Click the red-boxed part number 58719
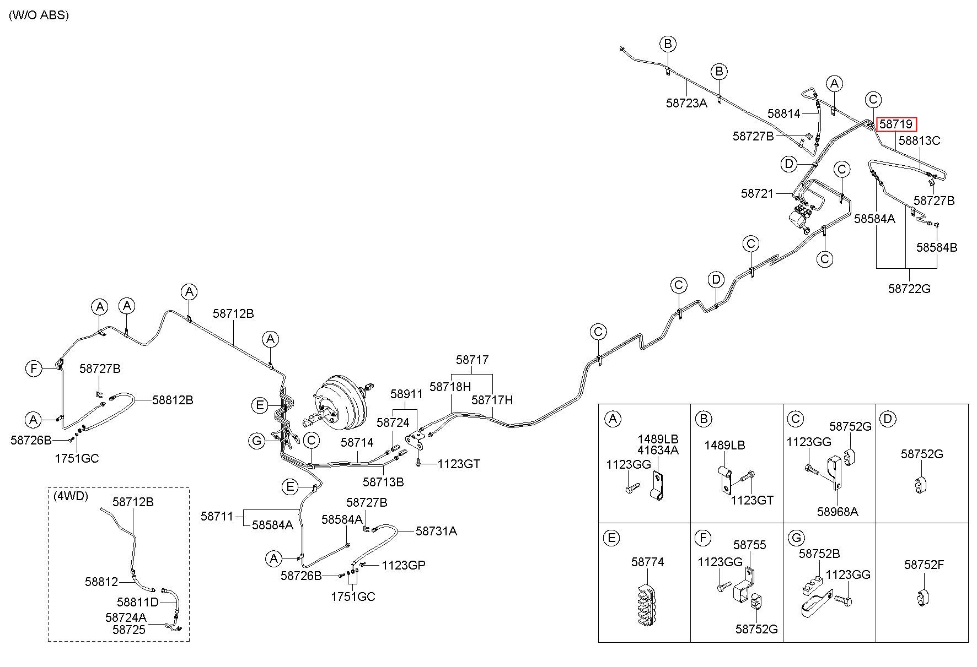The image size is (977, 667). click(896, 124)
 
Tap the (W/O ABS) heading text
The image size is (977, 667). click(39, 15)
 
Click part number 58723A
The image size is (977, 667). click(686, 102)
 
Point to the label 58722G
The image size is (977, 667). click(909, 288)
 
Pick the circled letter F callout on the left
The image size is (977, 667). click(34, 368)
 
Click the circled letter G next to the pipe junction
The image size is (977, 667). click(257, 440)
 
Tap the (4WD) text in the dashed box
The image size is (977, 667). click(71, 496)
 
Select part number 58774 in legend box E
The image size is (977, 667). click(648, 562)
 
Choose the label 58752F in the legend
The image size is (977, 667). click(924, 565)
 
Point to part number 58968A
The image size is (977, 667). click(838, 512)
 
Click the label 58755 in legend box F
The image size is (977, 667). click(750, 545)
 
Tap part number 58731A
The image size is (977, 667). click(436, 531)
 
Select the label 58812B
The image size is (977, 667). click(173, 400)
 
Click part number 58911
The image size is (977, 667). click(406, 394)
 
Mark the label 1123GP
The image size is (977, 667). click(404, 565)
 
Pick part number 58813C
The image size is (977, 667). click(919, 140)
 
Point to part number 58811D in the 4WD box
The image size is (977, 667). click(138, 601)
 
